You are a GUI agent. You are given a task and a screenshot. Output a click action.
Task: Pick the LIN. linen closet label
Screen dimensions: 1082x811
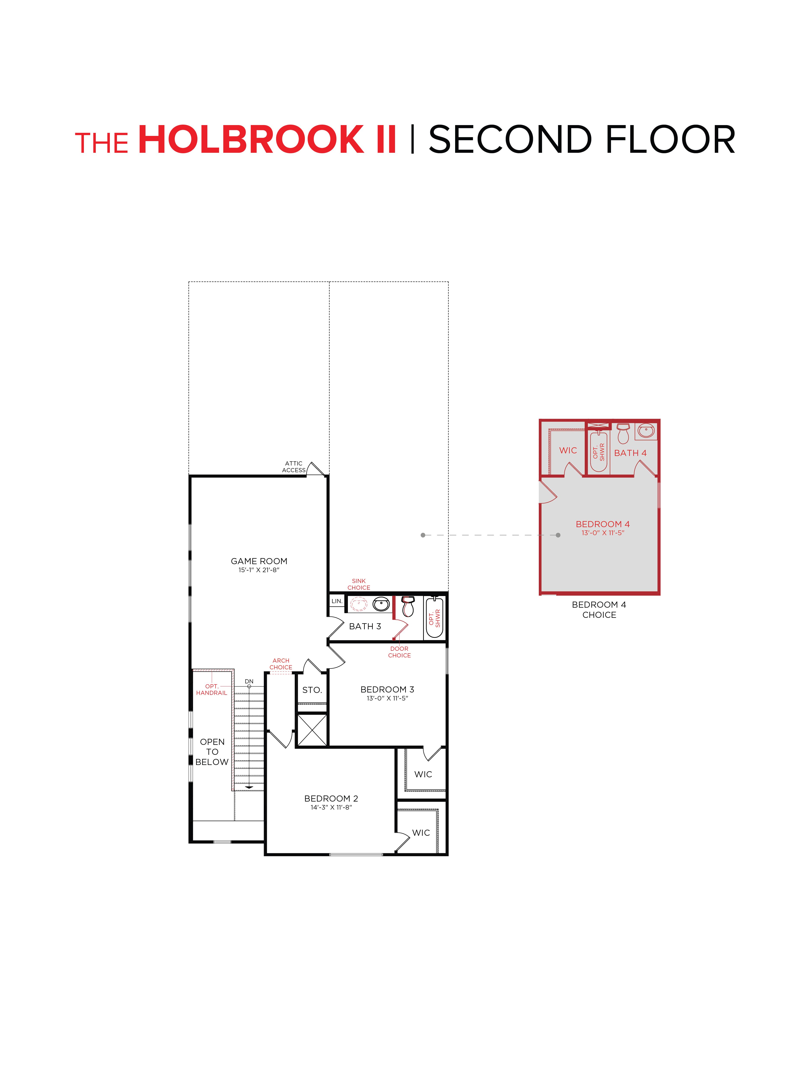[x=337, y=601]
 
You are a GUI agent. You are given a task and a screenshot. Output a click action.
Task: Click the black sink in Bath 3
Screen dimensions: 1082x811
[x=381, y=605]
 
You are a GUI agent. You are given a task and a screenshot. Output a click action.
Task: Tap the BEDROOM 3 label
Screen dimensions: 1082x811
[x=387, y=689]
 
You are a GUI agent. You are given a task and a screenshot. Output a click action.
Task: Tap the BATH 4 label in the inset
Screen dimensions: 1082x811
[x=630, y=453]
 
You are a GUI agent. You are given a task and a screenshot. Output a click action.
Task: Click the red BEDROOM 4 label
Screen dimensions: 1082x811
[x=602, y=524]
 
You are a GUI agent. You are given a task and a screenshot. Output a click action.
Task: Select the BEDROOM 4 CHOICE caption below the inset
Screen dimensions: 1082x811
[x=599, y=609]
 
